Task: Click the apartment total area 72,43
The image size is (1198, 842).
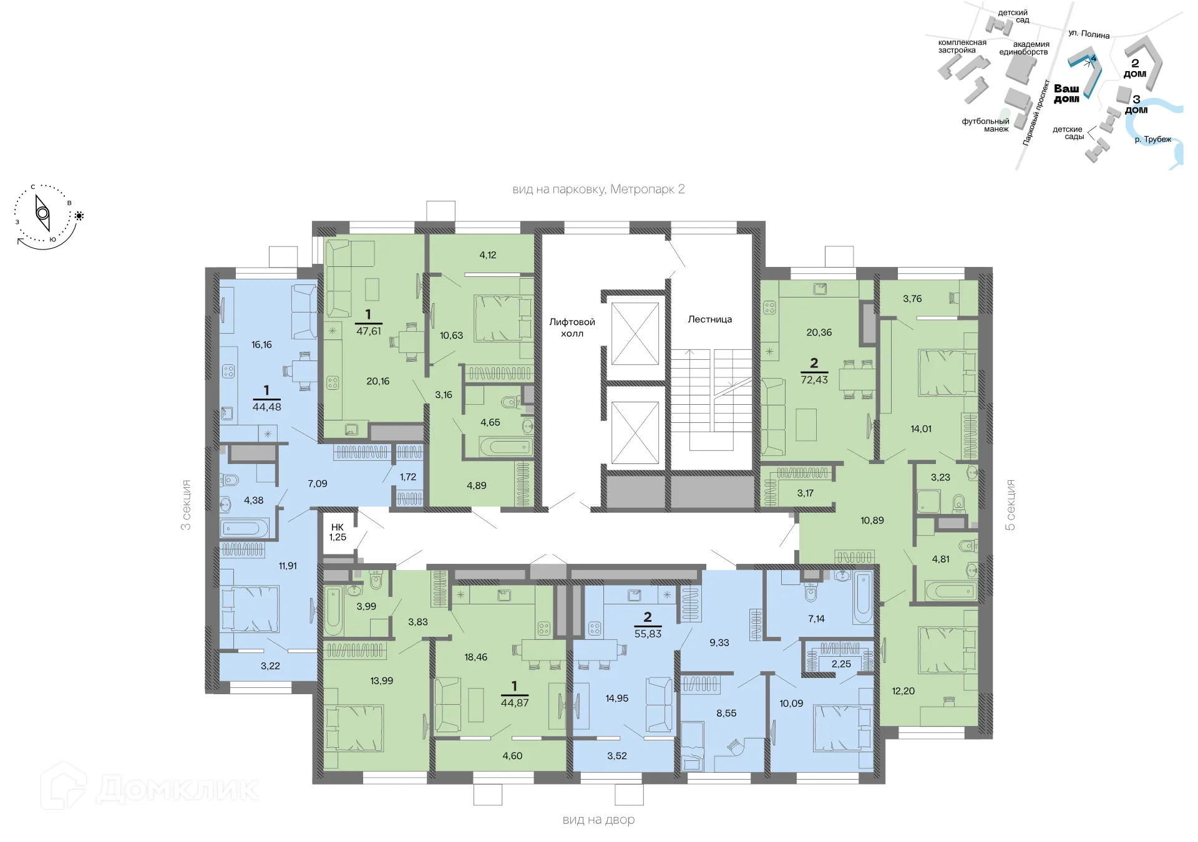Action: pyautogui.click(x=814, y=379)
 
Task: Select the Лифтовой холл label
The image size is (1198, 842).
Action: pyautogui.click(x=572, y=327)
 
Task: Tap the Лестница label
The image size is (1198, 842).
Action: pyautogui.click(x=709, y=319)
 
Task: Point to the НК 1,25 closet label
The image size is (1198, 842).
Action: pyautogui.click(x=338, y=532)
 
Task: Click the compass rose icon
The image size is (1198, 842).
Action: pyautogui.click(x=42, y=213)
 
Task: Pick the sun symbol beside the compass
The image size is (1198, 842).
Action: pyautogui.click(x=79, y=216)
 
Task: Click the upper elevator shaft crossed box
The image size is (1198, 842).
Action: pyautogui.click(x=635, y=334)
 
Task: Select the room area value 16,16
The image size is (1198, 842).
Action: pyautogui.click(x=261, y=344)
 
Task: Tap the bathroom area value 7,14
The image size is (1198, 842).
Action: pyautogui.click(x=816, y=619)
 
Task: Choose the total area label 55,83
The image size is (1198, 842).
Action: pyautogui.click(x=648, y=633)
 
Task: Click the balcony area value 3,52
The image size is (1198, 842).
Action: pyautogui.click(x=616, y=755)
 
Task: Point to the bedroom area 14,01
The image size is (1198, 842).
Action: pyautogui.click(x=920, y=428)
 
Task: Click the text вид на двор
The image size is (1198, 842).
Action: pyautogui.click(x=598, y=820)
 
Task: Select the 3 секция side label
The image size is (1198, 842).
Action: pyautogui.click(x=186, y=505)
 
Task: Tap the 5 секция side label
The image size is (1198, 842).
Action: pyautogui.click(x=1010, y=505)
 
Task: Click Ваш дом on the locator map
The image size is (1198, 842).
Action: pyautogui.click(x=1066, y=94)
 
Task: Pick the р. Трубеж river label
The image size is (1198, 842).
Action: pyautogui.click(x=1152, y=139)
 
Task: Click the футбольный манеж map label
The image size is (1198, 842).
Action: pyautogui.click(x=985, y=125)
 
